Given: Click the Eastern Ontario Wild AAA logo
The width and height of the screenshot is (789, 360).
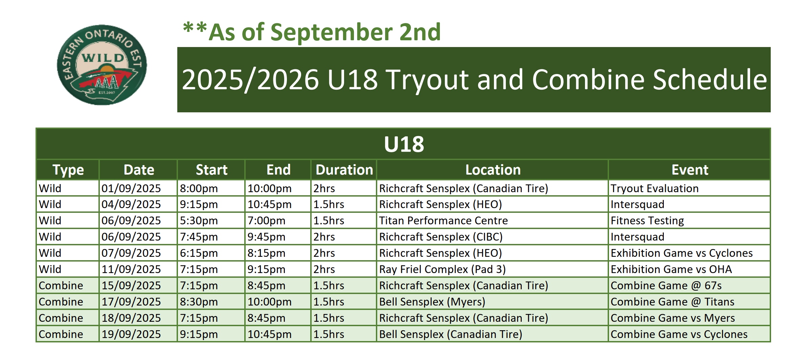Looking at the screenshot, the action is point(102,65).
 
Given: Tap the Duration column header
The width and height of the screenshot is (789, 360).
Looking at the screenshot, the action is point(344,170).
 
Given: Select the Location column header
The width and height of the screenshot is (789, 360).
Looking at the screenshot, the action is point(493,170).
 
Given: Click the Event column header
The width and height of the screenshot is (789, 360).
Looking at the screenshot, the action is point(690,170).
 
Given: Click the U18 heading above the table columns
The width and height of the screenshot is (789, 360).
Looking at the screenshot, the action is point(404,144).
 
